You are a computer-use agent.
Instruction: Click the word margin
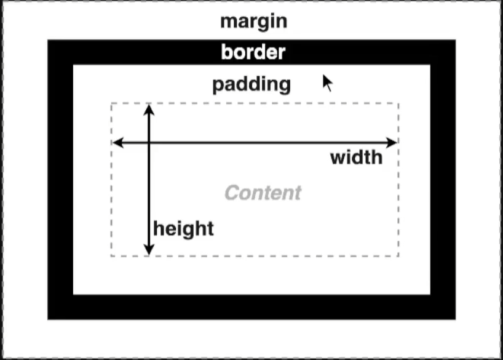tap(253, 22)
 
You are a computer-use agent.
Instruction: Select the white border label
tap(253, 52)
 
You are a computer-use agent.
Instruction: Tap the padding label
tap(251, 85)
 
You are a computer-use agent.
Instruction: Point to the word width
tap(357, 158)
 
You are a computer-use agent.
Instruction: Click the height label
tap(183, 230)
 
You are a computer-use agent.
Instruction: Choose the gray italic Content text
tap(263, 193)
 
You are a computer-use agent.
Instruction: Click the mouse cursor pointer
tap(327, 83)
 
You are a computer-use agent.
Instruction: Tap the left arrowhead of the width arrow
tap(118, 142)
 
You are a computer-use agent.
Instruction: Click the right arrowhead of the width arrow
tap(392, 142)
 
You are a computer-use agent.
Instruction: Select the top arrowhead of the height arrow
tap(149, 110)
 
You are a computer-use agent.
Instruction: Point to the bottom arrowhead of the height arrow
tap(149, 249)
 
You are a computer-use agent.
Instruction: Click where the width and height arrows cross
tap(149, 142)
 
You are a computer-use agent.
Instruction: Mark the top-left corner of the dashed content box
tap(111, 103)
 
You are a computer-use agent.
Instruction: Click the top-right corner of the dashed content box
tap(398, 103)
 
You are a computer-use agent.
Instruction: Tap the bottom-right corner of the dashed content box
tap(398, 256)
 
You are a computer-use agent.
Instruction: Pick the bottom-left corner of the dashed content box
tap(111, 256)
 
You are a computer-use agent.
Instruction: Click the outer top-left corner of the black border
tap(48, 40)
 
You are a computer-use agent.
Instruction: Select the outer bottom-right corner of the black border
tap(455, 319)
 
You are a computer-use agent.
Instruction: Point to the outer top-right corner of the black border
tap(455, 40)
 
